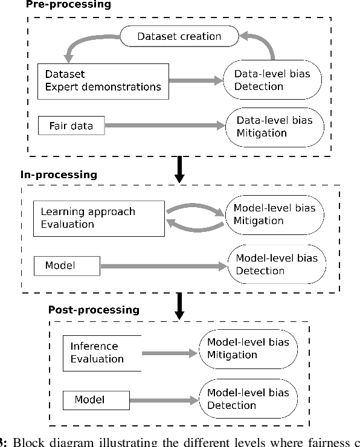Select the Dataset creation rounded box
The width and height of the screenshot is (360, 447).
(x=179, y=37)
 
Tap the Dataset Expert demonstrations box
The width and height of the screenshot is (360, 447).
(x=103, y=80)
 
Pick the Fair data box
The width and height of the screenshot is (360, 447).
(x=71, y=126)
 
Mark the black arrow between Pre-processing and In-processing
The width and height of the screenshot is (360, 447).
(x=179, y=169)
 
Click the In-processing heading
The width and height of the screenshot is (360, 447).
(x=59, y=175)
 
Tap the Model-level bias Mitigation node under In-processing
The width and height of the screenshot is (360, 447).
(x=274, y=214)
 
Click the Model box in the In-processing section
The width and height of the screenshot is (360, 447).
(x=67, y=265)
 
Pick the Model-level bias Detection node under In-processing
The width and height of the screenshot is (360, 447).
(x=277, y=265)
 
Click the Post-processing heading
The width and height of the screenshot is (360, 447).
(x=94, y=310)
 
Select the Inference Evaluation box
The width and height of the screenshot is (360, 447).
(x=101, y=353)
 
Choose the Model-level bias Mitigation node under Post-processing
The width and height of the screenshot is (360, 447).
(x=248, y=348)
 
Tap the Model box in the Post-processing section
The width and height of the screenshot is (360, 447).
(x=96, y=399)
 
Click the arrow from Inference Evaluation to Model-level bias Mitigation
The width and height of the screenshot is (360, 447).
(x=170, y=353)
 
